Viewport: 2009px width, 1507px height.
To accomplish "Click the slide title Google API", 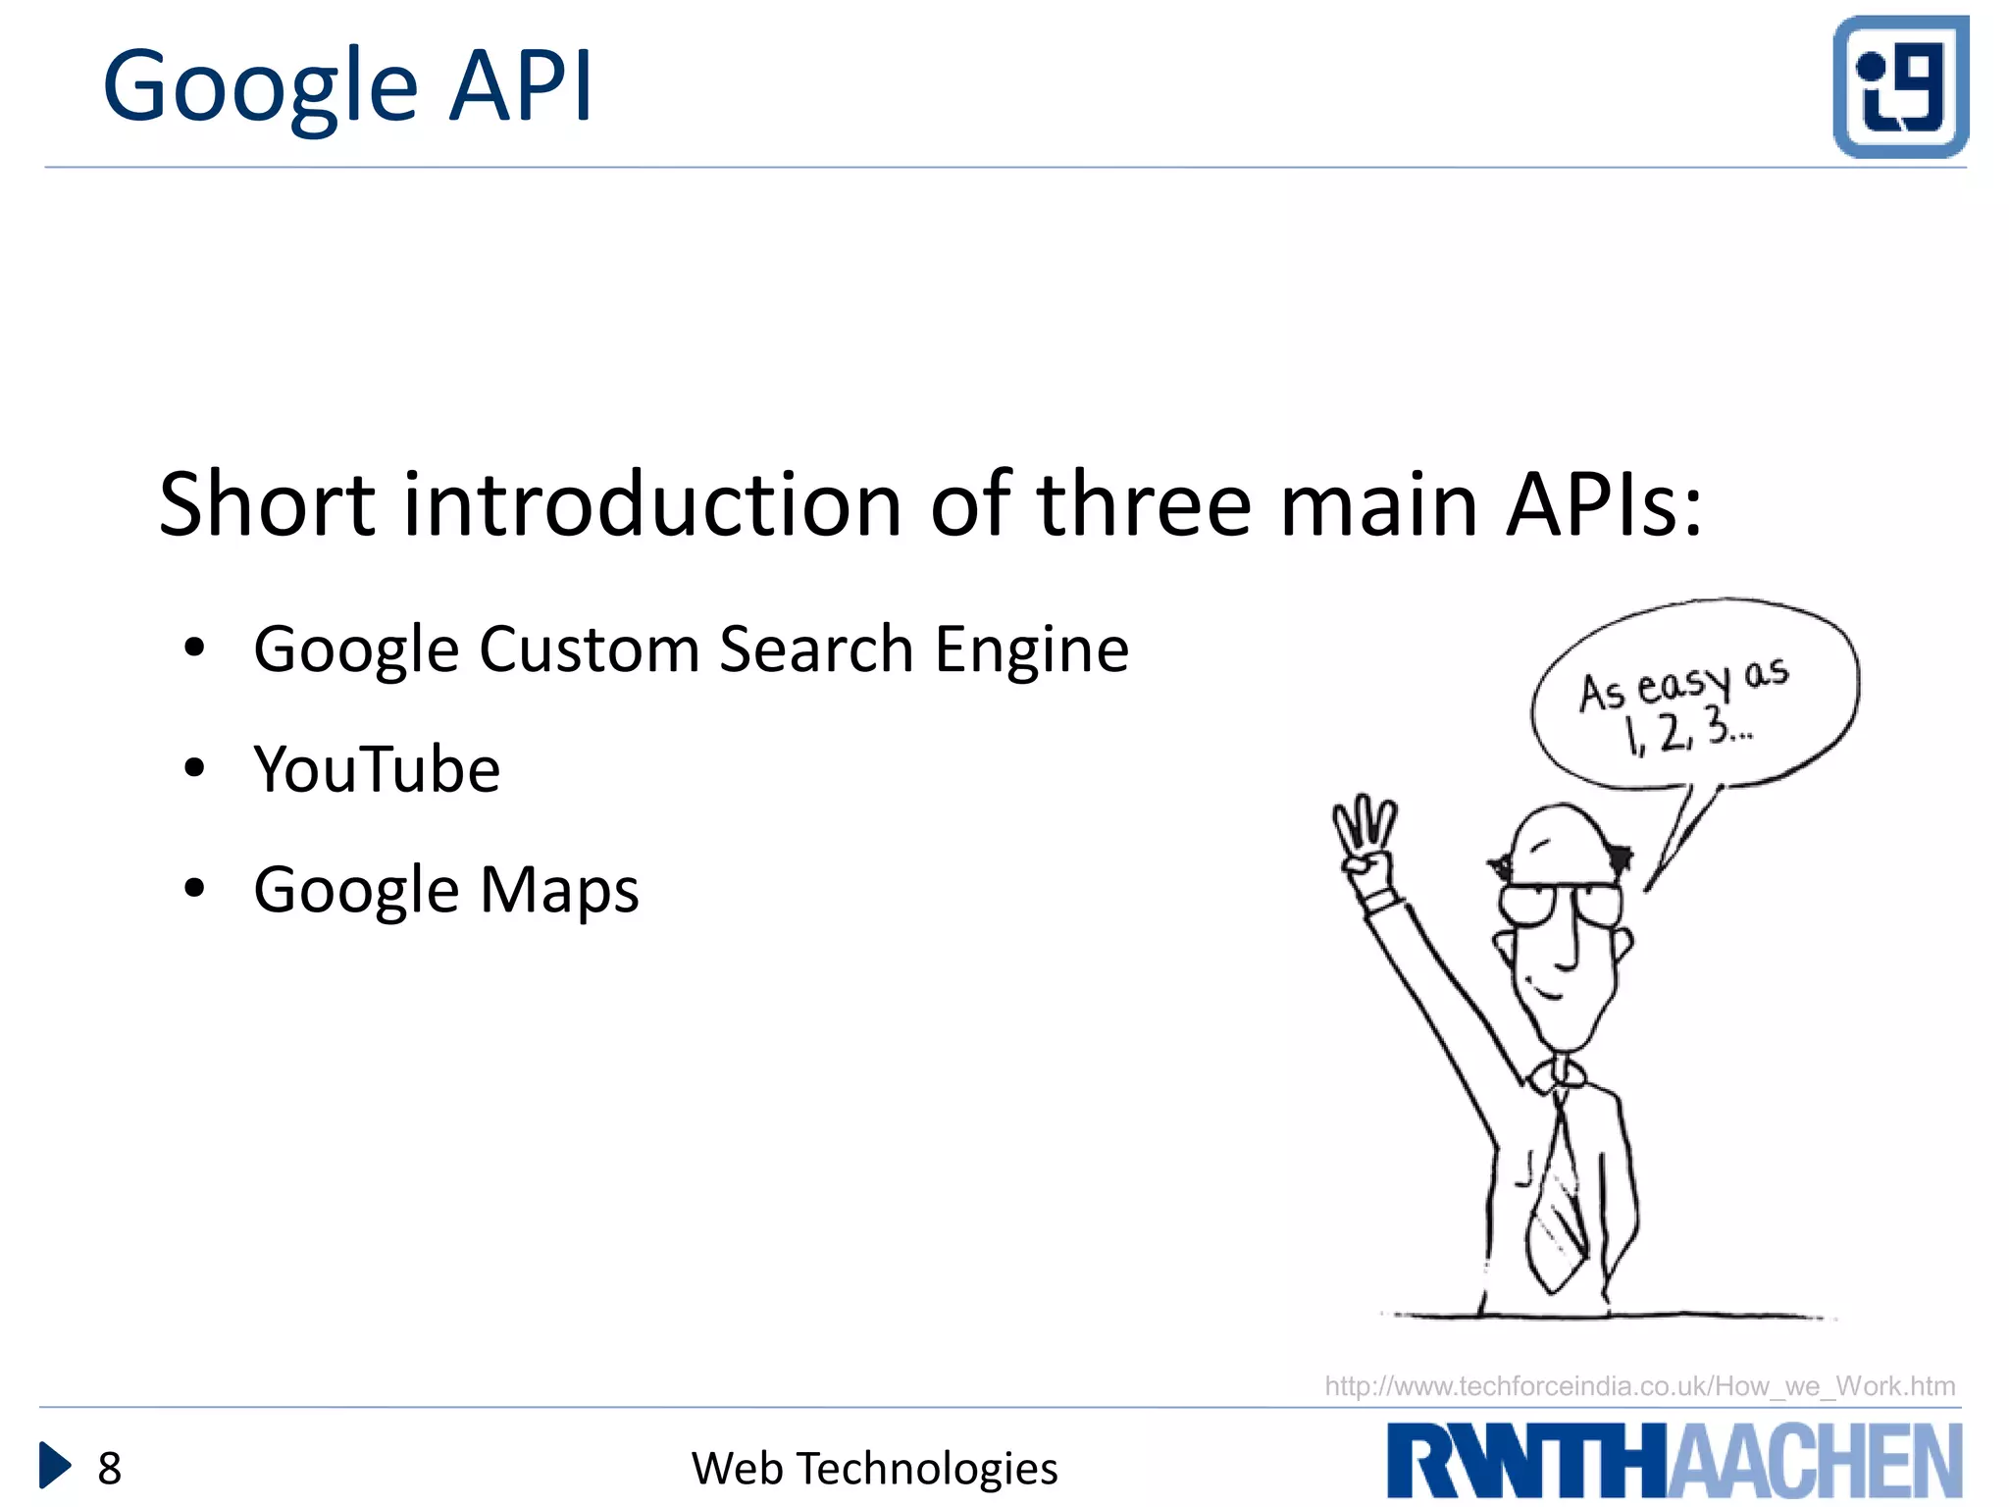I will [347, 88].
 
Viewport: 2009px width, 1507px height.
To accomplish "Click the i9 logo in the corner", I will [1900, 86].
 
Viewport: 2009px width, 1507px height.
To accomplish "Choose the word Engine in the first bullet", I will [1031, 651].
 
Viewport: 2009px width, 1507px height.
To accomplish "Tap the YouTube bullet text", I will [377, 769].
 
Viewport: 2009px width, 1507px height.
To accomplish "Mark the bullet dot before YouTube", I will [194, 768].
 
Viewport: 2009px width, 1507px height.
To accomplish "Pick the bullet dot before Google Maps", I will [194, 889].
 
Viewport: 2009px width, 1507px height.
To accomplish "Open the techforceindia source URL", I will [1639, 1386].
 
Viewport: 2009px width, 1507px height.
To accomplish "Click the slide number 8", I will [110, 1469].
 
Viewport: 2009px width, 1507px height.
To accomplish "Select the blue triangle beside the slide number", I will [54, 1466].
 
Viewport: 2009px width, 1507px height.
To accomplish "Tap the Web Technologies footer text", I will [874, 1469].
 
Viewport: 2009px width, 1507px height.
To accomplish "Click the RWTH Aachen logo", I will [1674, 1460].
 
